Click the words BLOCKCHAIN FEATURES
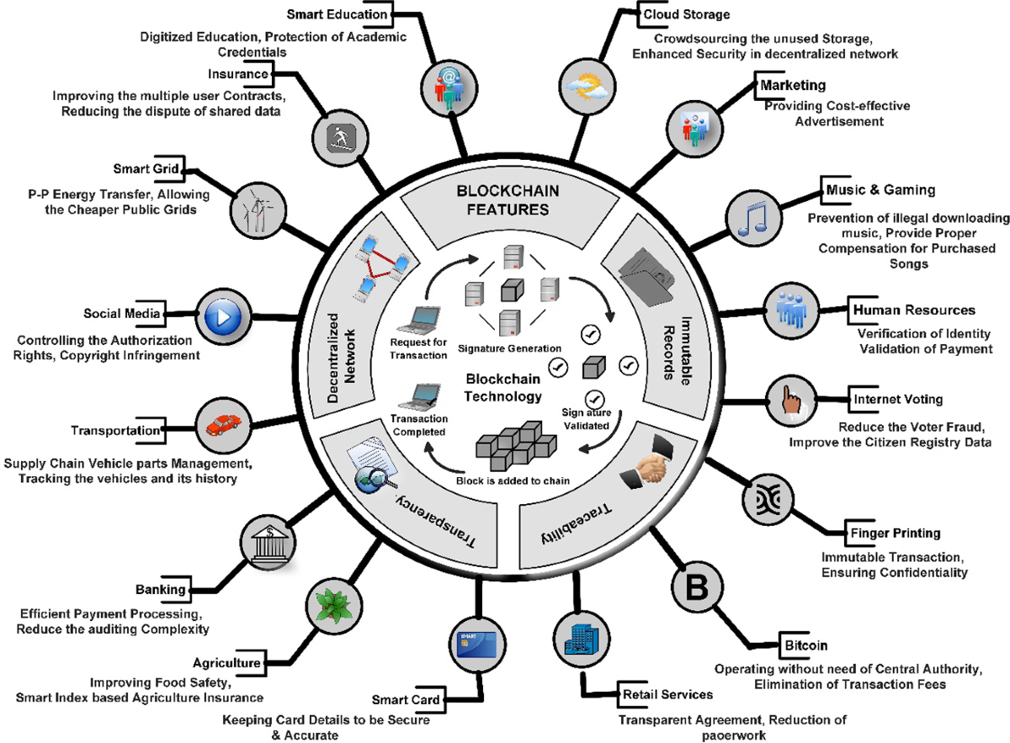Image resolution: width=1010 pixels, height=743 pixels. point(502,199)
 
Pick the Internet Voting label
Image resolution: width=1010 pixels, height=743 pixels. point(897,399)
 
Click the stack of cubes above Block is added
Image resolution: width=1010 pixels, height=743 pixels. point(513,445)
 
